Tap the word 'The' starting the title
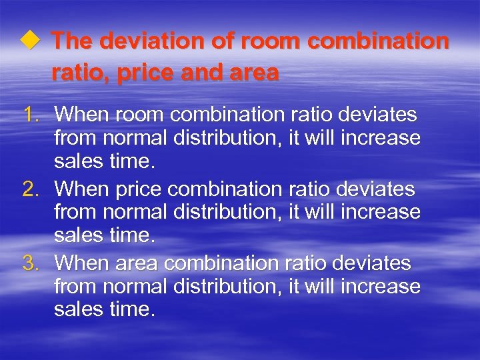tap(71, 41)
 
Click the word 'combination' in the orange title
tap(378, 41)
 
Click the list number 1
tap(31, 115)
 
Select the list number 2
tap(31, 189)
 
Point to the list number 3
tap(31, 263)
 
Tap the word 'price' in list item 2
tap(139, 189)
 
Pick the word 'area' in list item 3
tap(137, 263)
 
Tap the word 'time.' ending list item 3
tap(133, 309)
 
